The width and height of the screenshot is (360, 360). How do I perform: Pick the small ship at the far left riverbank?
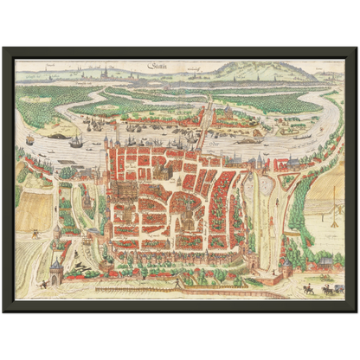pyautogui.click(x=29, y=139)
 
